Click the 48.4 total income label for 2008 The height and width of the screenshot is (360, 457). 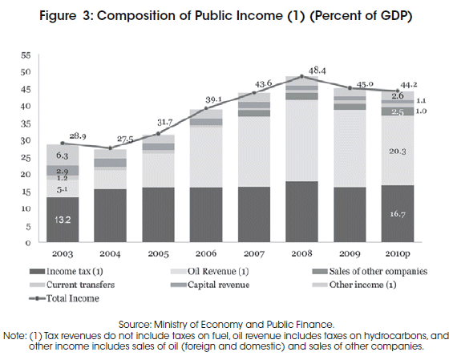[x=317, y=71]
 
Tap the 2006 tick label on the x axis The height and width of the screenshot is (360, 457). [x=206, y=253]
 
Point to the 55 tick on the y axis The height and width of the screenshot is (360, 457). [x=26, y=55]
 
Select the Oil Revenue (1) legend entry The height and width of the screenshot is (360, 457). [x=210, y=271]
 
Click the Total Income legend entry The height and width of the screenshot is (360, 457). [x=64, y=298]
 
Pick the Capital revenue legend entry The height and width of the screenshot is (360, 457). [x=210, y=285]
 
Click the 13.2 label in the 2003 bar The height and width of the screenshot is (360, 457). [x=63, y=220]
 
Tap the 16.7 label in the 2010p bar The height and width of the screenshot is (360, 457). [x=398, y=214]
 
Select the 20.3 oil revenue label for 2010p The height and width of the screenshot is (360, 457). [x=398, y=152]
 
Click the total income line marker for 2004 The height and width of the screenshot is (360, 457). [x=110, y=148]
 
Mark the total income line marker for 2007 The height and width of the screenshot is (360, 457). [x=254, y=93]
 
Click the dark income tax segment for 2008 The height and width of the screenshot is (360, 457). [x=301, y=212]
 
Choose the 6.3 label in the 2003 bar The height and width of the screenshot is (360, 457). [x=63, y=156]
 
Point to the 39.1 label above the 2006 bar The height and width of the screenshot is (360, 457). [x=213, y=99]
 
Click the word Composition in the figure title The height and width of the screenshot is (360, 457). [x=136, y=16]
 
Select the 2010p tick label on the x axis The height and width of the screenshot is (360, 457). [x=398, y=254]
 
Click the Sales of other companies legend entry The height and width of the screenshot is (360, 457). [x=370, y=271]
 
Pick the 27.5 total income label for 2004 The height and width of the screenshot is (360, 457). [x=125, y=140]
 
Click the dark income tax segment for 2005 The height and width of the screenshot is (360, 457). [x=158, y=215]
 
